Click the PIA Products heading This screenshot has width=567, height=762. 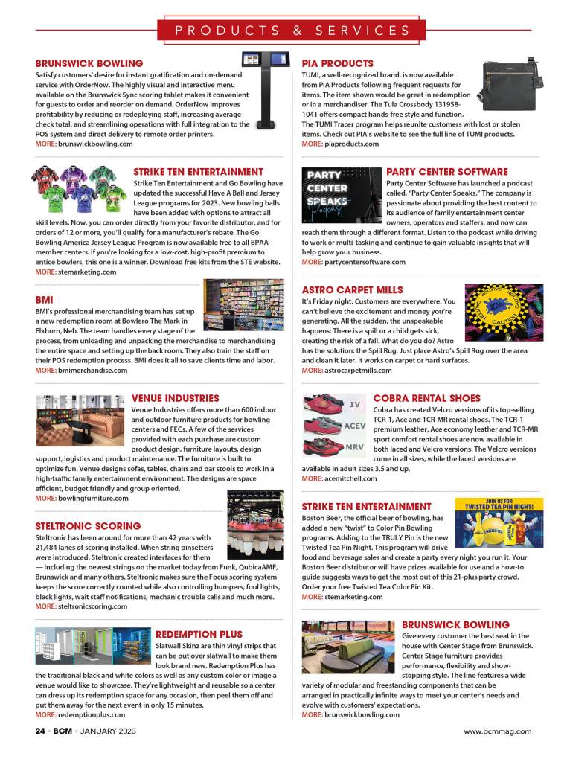pos(337,64)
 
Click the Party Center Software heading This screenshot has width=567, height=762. pos(437,172)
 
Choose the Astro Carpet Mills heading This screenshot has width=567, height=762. pos(352,289)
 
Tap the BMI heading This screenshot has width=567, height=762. pos(45,300)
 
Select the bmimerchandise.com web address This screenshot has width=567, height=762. pos(92,370)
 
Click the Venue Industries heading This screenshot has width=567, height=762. pos(175,398)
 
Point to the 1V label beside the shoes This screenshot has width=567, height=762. pos(355,404)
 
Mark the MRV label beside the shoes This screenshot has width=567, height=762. pos(354,446)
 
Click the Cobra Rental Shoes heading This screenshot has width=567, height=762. pos(426,398)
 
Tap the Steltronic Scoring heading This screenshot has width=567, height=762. pos(88,526)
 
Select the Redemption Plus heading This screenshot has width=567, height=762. pos(199,634)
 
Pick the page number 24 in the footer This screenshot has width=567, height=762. pos(41,731)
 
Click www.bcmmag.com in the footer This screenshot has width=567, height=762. pos(497,731)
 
